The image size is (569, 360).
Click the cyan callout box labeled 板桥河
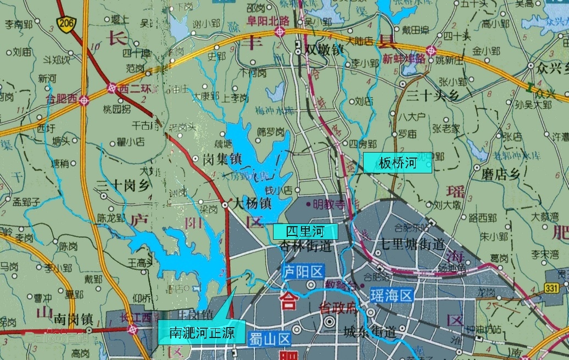tap(398, 163)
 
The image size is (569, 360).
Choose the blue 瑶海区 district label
tap(391, 296)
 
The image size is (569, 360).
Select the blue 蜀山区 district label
tap(269, 338)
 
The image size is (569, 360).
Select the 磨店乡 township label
tap(500, 175)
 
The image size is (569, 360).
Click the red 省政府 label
tap(339, 310)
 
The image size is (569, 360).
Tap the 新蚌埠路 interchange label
tap(404, 59)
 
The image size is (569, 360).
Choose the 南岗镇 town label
tap(75, 318)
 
